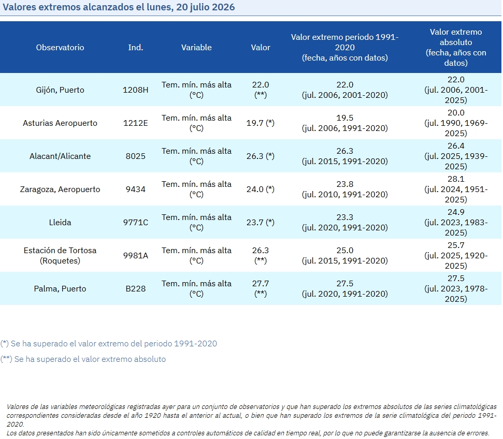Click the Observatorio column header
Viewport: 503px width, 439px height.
point(60,48)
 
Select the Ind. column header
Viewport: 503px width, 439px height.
point(135,48)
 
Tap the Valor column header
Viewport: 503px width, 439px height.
point(261,48)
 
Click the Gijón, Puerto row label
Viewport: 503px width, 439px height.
point(60,90)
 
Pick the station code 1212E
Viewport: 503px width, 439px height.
point(135,123)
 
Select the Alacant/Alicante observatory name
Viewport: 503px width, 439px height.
point(60,156)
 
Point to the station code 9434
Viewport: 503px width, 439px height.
point(135,189)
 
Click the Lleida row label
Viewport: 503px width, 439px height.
point(60,223)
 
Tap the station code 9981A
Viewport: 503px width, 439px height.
point(135,256)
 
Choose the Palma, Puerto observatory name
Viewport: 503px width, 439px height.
point(60,288)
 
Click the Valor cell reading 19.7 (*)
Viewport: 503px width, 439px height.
point(261,123)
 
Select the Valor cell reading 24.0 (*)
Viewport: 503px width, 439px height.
point(261,189)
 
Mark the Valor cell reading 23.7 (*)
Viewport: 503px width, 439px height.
point(261,223)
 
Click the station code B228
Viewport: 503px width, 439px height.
point(135,288)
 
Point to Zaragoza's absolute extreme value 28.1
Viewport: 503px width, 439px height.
point(456,179)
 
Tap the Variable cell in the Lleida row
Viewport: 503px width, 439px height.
point(196,223)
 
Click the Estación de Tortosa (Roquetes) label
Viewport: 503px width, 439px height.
point(60,256)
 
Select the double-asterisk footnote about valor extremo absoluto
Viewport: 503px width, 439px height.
point(83,359)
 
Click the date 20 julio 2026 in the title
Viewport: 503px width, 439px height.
point(205,7)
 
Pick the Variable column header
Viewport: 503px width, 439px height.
point(196,48)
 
